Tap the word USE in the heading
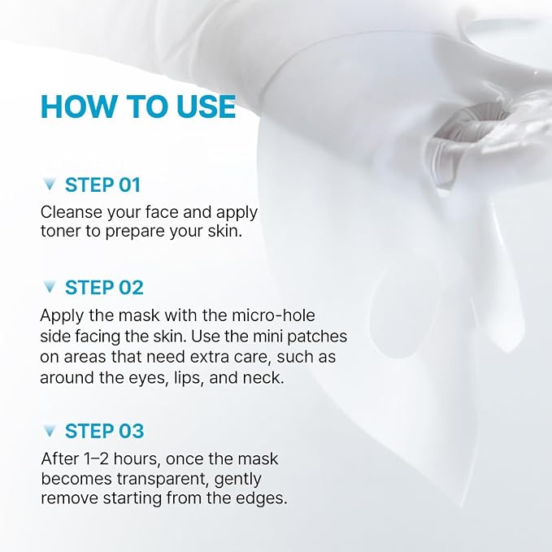pyautogui.click(x=206, y=106)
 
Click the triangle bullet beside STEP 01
pyautogui.click(x=50, y=184)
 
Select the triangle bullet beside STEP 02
pyautogui.click(x=50, y=287)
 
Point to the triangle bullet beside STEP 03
pyautogui.click(x=50, y=431)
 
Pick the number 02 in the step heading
pyautogui.click(x=131, y=288)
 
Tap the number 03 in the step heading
pyautogui.click(x=131, y=431)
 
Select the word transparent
pyautogui.click(x=163, y=480)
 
